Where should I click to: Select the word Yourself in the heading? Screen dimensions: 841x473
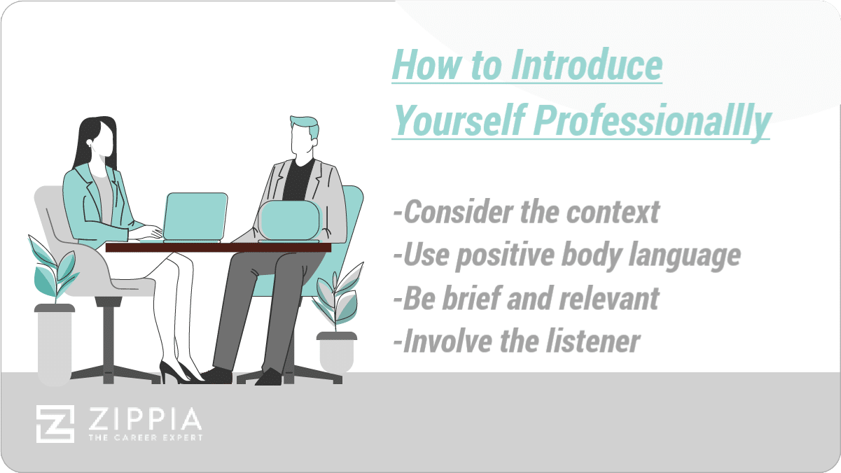coord(459,120)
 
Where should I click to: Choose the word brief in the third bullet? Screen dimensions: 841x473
coord(471,298)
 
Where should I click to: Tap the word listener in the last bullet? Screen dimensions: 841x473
coord(592,341)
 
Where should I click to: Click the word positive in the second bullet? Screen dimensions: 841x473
coord(505,256)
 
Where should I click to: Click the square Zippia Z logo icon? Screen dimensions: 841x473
coord(55,424)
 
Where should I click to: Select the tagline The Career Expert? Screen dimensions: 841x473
coord(146,438)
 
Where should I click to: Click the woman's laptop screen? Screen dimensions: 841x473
coord(195,216)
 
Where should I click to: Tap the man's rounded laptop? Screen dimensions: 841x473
coord(290,221)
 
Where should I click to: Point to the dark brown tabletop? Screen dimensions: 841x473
coord(218,248)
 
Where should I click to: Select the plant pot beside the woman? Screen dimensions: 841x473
coord(55,344)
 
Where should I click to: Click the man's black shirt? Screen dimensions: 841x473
coord(298,180)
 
